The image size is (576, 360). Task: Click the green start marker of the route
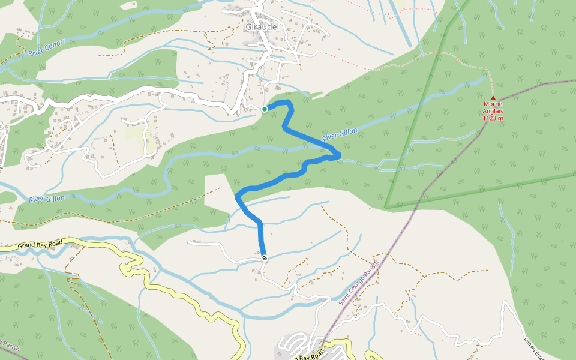(x=265, y=109)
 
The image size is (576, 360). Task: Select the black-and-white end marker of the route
(x=265, y=258)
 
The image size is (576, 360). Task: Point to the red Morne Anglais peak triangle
(x=493, y=97)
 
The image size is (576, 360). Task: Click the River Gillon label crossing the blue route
(x=340, y=135)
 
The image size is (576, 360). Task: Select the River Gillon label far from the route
(x=46, y=198)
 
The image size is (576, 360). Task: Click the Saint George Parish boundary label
(x=359, y=283)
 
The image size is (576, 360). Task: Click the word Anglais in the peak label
(x=493, y=111)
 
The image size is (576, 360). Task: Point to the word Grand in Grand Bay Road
(x=27, y=246)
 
